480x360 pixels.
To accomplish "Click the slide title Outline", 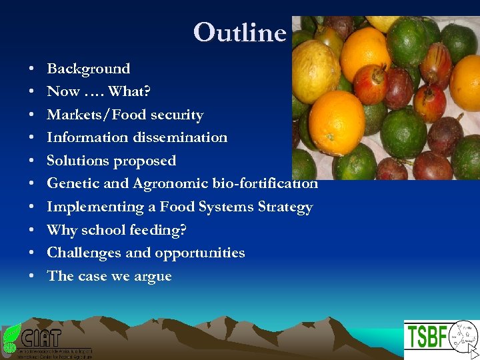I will [x=239, y=32].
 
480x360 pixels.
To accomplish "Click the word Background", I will [x=88, y=69].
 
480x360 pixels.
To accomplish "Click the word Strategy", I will [x=282, y=207].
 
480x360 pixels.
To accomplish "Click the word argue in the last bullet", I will [x=153, y=276].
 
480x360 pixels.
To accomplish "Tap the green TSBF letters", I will [x=427, y=337].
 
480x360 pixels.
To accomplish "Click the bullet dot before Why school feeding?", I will [x=32, y=230].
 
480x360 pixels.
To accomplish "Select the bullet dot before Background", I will [x=32, y=69].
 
